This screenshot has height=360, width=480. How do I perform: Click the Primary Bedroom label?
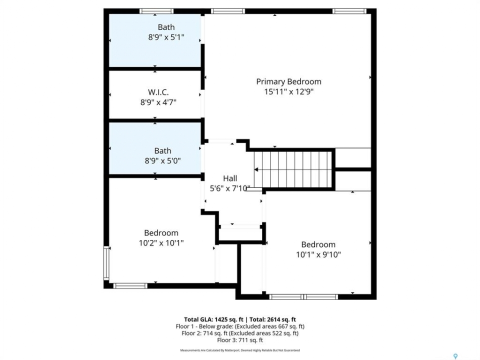point(288,81)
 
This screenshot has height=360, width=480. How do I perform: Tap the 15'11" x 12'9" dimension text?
point(289,91)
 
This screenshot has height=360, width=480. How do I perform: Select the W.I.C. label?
point(158,92)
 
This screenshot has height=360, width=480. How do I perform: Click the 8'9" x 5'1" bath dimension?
point(166,37)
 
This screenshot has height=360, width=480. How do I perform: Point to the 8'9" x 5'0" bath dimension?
point(162,160)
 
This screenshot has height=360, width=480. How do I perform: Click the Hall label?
point(230,178)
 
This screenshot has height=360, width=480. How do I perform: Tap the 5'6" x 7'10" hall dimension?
point(230,188)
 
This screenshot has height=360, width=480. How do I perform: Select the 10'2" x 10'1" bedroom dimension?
point(161,243)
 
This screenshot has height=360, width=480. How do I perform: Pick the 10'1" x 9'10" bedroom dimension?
point(318,254)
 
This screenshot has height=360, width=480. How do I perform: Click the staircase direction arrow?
point(256,169)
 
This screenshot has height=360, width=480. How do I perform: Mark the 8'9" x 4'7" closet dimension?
point(158,102)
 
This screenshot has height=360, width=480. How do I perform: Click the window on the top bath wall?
point(156,11)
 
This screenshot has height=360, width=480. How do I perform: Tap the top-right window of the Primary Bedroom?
point(349,11)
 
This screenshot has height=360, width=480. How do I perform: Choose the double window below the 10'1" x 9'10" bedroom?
point(303,297)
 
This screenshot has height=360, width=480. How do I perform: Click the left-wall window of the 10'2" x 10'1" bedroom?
point(106,263)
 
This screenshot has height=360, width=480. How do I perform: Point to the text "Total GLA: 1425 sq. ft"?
point(213,320)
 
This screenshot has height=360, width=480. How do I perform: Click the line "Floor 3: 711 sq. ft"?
point(240,340)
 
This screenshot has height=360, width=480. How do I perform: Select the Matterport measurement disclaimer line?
point(240,350)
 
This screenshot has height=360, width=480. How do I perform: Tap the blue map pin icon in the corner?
point(455,356)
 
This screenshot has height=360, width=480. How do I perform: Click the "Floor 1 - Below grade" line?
point(240,326)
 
